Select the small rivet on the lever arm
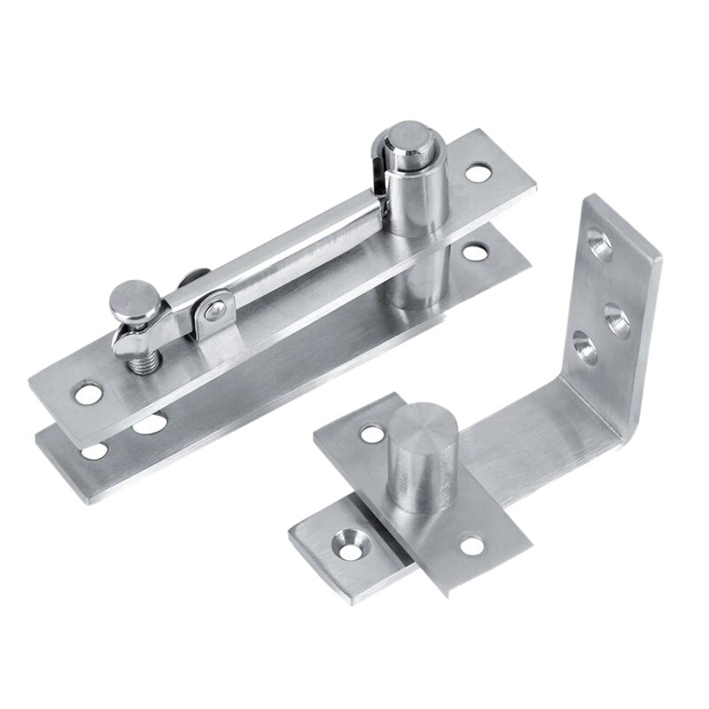[212, 308]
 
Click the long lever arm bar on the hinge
[292, 248]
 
